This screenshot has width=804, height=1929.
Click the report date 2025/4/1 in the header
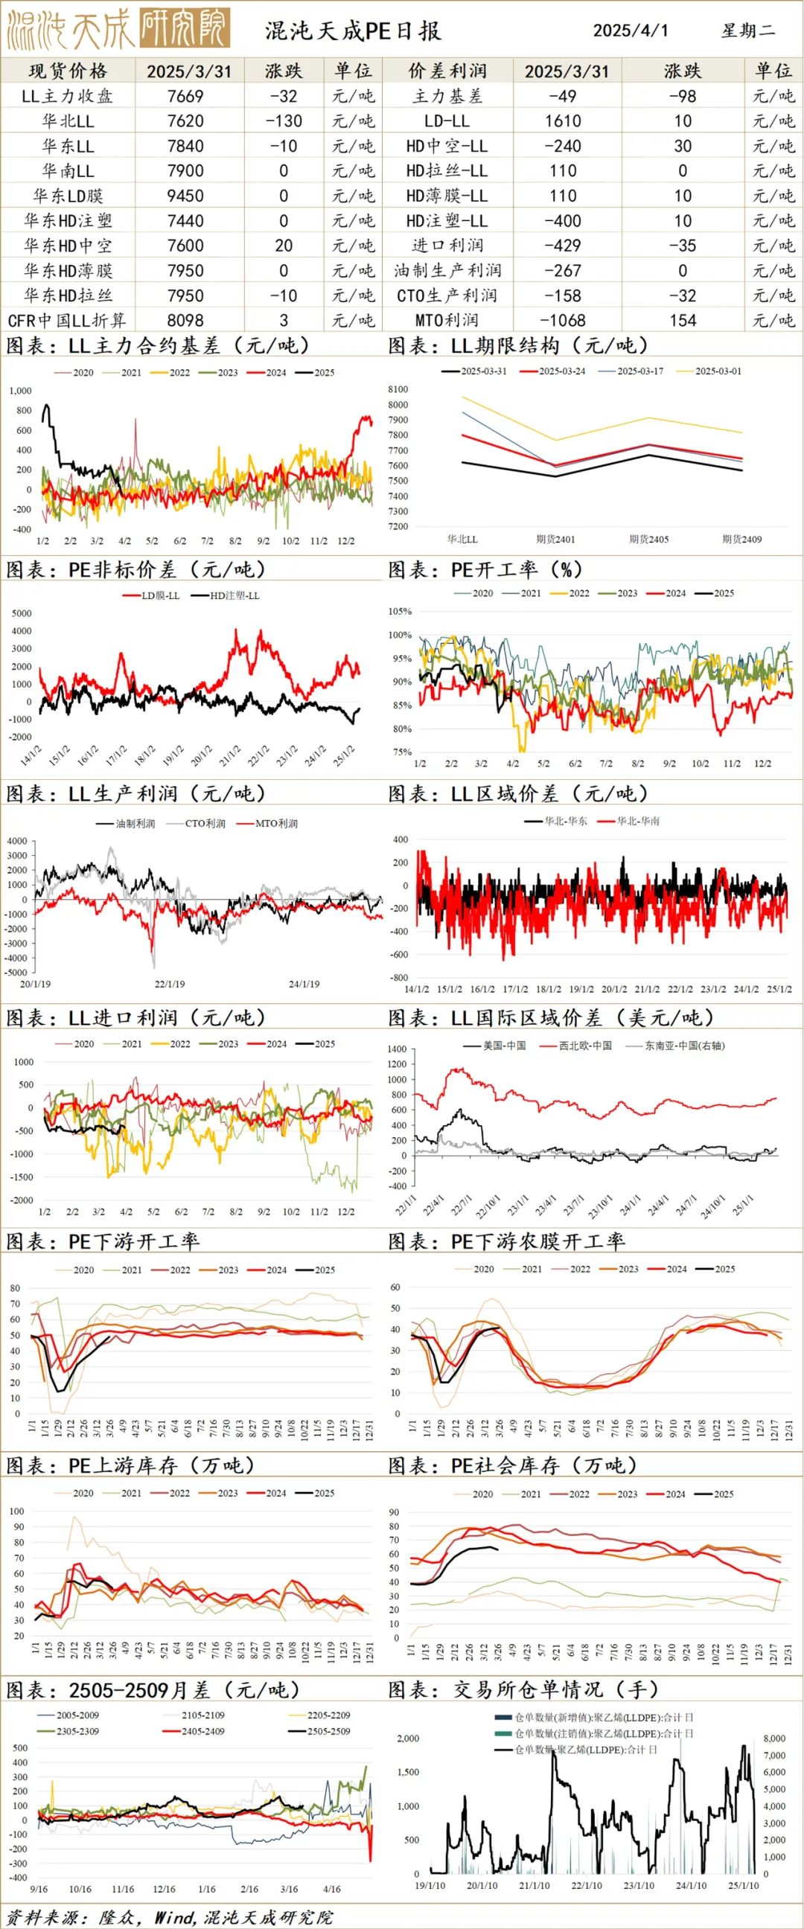630,31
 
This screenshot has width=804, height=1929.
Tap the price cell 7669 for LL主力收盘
185,97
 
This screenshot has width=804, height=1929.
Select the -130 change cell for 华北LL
283,121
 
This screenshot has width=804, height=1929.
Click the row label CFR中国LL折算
68,321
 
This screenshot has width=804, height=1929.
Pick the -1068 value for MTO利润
563,321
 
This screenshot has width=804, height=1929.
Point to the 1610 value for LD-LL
563,121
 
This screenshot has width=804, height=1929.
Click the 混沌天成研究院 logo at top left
117,29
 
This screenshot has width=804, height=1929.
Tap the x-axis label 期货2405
648,539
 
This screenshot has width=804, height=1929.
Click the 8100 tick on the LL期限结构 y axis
398,389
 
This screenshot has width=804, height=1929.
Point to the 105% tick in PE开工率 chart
400,612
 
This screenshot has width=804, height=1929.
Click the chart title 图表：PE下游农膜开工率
506,1241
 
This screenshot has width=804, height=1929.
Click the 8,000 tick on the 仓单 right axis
774,1738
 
